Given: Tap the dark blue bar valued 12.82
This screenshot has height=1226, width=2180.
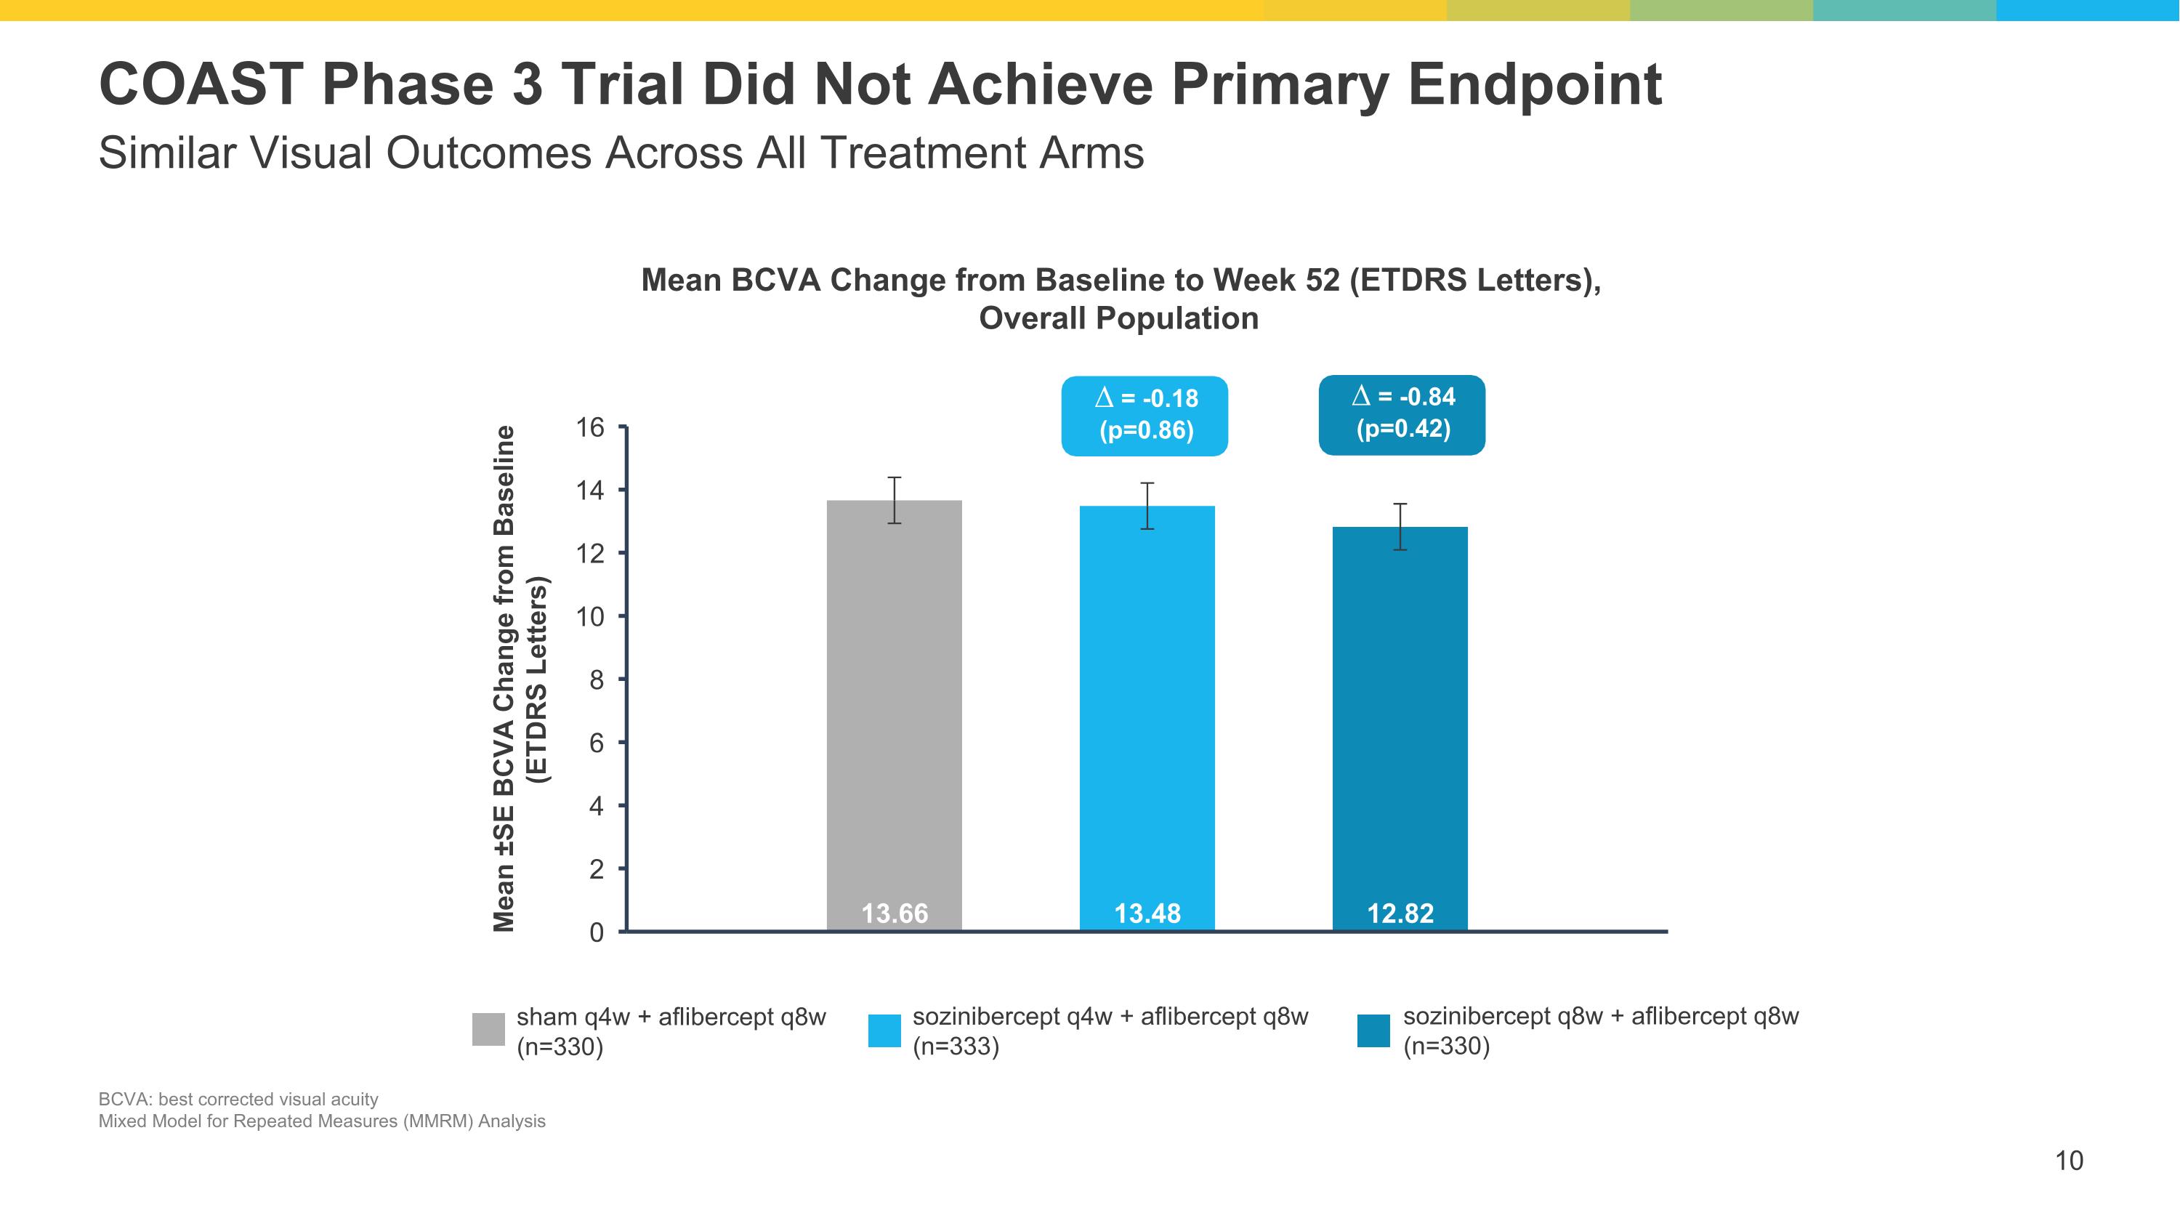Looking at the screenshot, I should [1400, 727].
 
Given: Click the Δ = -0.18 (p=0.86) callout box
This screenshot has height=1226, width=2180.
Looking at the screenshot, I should [1144, 416].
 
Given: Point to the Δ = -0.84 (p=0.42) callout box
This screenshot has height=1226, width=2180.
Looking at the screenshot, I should [1402, 414].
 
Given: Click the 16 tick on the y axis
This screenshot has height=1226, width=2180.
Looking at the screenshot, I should [591, 428].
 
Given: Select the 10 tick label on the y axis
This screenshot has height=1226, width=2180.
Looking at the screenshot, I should [591, 617].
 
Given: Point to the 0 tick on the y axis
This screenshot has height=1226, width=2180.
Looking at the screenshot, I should [597, 933].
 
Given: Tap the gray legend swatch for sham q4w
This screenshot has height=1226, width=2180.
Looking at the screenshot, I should [488, 1029].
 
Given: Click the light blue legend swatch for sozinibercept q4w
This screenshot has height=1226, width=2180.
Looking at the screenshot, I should [884, 1031].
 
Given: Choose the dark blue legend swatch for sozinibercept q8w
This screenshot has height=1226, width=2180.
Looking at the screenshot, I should [1373, 1031].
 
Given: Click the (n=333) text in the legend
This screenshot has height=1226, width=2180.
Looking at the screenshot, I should [956, 1046].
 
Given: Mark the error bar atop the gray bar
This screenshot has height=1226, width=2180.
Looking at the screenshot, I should [894, 500].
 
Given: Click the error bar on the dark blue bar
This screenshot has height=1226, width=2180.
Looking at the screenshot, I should [1400, 526].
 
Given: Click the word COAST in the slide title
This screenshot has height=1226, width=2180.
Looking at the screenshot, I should [201, 84].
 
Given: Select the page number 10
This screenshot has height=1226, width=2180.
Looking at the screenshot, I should [2069, 1160].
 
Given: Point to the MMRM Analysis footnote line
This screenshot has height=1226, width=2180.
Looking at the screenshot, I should [322, 1121].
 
